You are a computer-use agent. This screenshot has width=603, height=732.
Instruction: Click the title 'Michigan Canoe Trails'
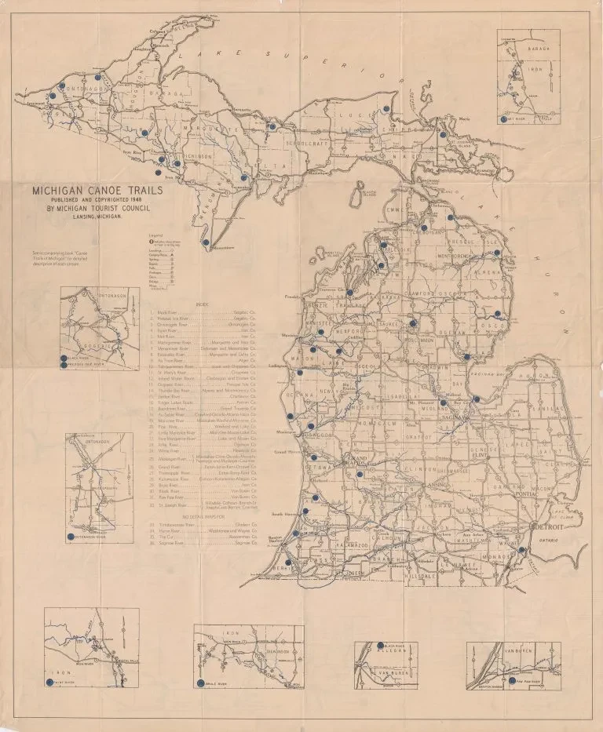pyautogui.click(x=97, y=190)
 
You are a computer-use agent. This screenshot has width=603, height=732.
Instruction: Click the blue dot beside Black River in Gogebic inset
pyautogui.click(x=64, y=358)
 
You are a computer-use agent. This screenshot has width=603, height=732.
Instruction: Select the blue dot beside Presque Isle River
pyautogui.click(x=64, y=365)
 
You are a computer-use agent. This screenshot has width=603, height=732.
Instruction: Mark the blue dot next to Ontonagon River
pyautogui.click(x=71, y=536)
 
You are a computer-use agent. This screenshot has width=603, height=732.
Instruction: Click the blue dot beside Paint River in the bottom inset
pyautogui.click(x=49, y=682)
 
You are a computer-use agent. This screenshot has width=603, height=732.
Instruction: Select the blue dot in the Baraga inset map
pyautogui.click(x=502, y=119)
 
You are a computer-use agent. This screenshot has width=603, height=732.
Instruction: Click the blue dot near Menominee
pyautogui.click(x=206, y=243)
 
